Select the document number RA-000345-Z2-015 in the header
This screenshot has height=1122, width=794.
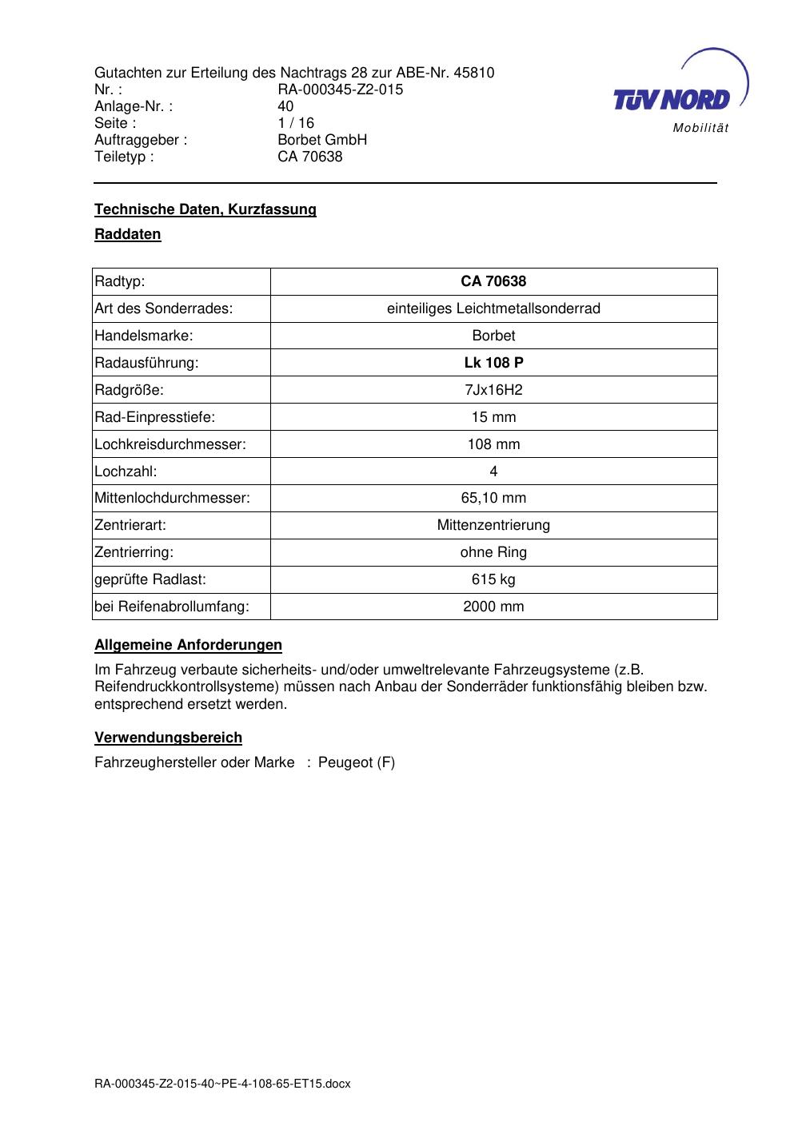pos(340,90)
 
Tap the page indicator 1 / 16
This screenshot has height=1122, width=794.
pos(296,123)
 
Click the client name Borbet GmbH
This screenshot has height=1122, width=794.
pos(321,140)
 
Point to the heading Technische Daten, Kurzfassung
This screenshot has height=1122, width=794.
pos(205,209)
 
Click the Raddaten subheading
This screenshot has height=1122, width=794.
pos(127,234)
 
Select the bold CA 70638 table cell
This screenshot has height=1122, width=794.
pos(493,281)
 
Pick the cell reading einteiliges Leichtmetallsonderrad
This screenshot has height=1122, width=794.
pos(493,308)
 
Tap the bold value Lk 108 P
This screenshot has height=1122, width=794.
pos(493,363)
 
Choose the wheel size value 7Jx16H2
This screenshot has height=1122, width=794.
pos(493,390)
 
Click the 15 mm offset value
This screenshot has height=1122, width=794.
pos(493,417)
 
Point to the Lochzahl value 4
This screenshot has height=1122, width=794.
pos(493,471)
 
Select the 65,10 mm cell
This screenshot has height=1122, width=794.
pos(493,498)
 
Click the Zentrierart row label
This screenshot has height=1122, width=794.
pos(130,525)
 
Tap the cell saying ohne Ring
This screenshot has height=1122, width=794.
pos(493,552)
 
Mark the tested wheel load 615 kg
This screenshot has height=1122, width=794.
pos(493,579)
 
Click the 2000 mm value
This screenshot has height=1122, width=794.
pos(493,607)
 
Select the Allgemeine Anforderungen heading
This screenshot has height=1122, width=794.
pos(188,645)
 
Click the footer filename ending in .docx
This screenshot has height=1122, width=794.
pos(222,1084)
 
